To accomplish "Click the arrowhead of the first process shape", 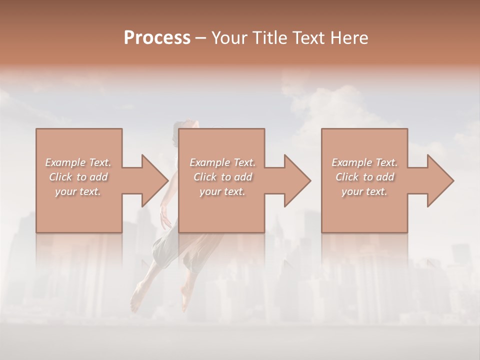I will coord(155,180).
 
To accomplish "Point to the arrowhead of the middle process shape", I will coord(298,180).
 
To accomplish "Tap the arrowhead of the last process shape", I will coord(441,180).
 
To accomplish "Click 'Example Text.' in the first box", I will coord(78,162).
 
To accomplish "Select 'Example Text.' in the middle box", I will coord(222,162).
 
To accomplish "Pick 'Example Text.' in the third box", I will coord(364,162).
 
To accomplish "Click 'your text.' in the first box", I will coord(78,191).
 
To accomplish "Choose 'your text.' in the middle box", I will coord(222,191).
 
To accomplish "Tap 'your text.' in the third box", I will coord(364,191).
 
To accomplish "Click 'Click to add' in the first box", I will coord(78,177).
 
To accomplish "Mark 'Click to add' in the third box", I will coord(364,177).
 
